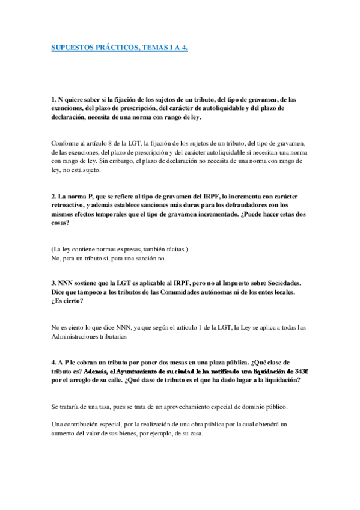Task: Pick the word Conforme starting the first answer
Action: point(65,144)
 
